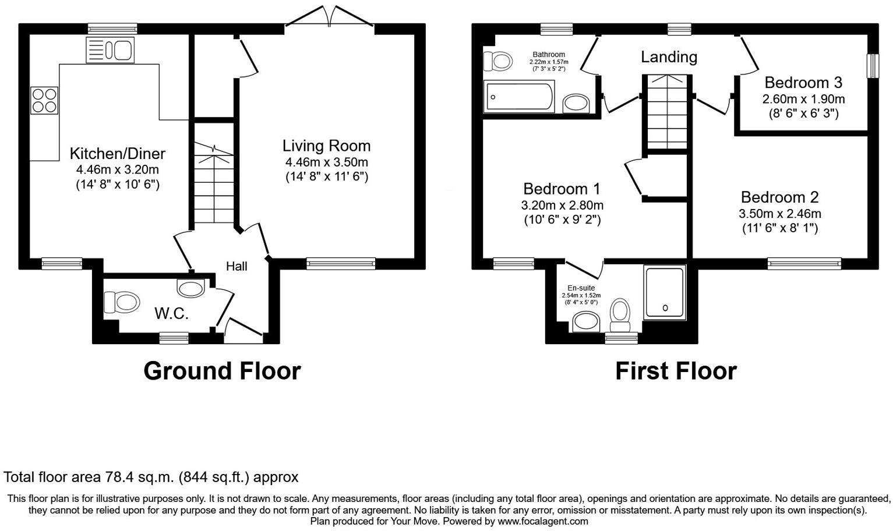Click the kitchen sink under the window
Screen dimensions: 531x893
pos(110,49)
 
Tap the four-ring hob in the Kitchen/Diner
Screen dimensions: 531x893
pos(44,100)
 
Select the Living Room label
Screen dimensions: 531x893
pos(326,146)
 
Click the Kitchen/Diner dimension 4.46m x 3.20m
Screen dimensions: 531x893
pos(117,169)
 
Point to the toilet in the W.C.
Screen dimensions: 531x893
pos(122,302)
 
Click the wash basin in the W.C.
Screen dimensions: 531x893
pos(190,288)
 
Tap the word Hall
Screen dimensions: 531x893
pos(237,266)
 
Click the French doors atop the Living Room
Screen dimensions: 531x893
pos(330,16)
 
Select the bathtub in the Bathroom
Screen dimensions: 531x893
pos(520,97)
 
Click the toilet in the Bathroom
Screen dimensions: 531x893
pos(497,61)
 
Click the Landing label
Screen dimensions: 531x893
pos(669,57)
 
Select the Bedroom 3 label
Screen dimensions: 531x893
pos(803,83)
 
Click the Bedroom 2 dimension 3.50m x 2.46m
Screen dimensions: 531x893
pos(780,214)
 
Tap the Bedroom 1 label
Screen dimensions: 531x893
pos(562,189)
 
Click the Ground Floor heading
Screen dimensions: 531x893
pos(222,371)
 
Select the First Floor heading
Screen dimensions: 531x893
pos(676,371)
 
